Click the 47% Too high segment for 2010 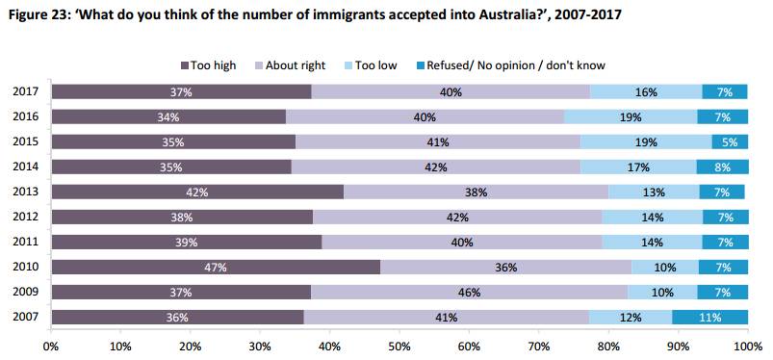coord(216,268)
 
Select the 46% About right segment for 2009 coord(469,293)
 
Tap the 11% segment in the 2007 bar coord(709,318)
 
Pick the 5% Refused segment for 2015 coord(730,142)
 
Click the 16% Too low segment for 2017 coord(646,91)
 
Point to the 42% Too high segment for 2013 coord(197,193)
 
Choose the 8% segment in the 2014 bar coord(722,167)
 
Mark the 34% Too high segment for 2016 coord(168,116)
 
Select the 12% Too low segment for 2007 coord(631,318)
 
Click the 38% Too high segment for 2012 coord(182,218)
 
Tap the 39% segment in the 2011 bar coord(187,243)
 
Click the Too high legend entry coord(209,65)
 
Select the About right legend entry coord(291,65)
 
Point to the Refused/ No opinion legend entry coord(510,65)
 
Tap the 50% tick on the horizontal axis coord(399,347)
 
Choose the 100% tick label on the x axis coord(748,347)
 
